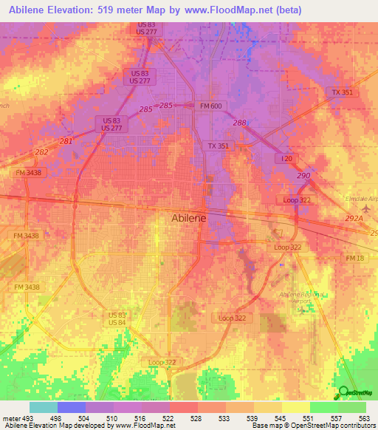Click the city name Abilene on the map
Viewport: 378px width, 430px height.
[195, 218]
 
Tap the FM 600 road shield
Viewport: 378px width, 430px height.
[210, 106]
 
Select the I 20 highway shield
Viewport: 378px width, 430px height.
[287, 159]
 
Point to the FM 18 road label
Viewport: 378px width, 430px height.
[355, 257]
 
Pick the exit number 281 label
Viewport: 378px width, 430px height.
[66, 140]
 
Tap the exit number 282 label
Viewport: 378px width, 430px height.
[42, 151]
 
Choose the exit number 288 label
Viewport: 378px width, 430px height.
[239, 123]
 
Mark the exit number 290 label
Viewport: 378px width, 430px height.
[303, 174]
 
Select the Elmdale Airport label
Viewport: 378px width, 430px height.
[361, 198]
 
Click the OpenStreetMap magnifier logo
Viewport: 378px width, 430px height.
[344, 392]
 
